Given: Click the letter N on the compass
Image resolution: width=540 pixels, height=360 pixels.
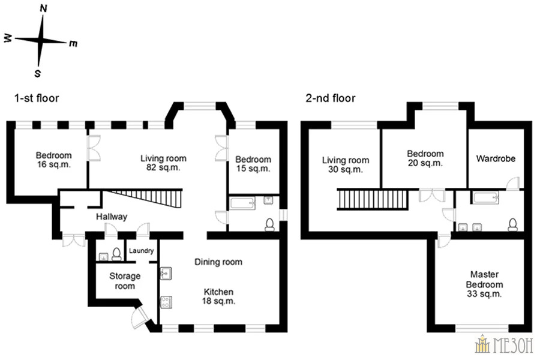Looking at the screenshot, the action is [43, 8].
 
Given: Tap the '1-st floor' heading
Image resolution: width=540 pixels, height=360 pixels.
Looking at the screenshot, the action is [37, 98].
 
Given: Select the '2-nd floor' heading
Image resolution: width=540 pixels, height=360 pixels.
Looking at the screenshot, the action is [330, 98].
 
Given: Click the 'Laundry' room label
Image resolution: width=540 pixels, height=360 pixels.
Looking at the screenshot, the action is [141, 251].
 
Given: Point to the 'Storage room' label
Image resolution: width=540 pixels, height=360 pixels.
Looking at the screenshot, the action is [125, 281].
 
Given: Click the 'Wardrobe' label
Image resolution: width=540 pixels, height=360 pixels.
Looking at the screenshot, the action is [496, 159].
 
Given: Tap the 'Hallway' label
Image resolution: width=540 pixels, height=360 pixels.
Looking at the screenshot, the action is [112, 217].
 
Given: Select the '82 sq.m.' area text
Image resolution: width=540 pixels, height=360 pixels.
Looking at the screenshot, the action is [163, 168].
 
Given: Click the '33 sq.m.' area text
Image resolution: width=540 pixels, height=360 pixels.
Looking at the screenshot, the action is [484, 294].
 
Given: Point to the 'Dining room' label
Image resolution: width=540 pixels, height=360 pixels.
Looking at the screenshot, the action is [218, 262].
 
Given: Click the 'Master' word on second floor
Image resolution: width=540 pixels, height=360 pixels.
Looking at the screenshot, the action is [485, 275].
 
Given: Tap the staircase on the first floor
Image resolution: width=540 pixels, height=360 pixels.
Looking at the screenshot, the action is [146, 198].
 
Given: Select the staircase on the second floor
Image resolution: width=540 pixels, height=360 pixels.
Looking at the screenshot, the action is [373, 199].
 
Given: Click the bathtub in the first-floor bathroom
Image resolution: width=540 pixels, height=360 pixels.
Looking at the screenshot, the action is [243, 203].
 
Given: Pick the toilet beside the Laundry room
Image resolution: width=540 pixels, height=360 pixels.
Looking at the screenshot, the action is [116, 254].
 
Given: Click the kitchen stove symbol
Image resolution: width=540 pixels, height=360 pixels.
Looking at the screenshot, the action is [166, 302].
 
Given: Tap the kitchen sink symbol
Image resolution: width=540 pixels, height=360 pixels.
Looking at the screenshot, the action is [166, 274].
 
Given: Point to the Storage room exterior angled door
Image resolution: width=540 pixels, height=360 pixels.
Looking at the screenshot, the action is [139, 317].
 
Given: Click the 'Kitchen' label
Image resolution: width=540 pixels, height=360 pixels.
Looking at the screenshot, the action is [218, 292].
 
